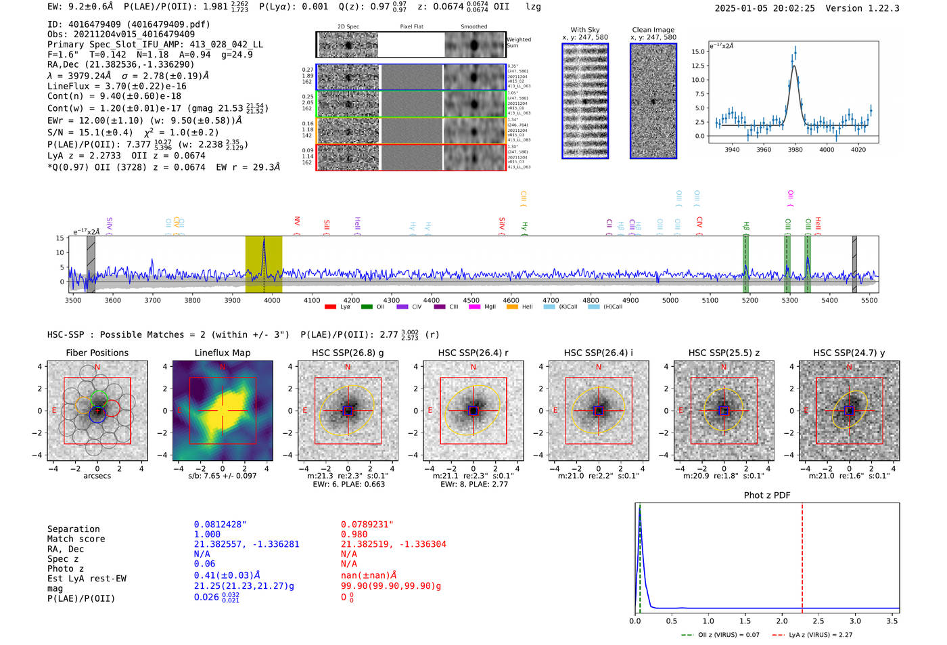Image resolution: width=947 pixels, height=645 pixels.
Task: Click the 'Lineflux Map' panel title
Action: tap(222, 353)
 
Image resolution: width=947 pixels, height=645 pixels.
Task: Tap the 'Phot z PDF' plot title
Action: tap(767, 495)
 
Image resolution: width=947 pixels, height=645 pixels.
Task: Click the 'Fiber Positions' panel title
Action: tap(97, 353)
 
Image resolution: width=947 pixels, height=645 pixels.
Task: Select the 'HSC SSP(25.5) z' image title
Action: tap(724, 353)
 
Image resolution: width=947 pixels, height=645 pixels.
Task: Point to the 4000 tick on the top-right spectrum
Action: tap(827, 150)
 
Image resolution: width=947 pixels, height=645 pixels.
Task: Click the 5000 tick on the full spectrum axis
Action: tap(670, 300)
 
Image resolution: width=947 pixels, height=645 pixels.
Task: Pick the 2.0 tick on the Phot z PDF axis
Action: tap(781, 621)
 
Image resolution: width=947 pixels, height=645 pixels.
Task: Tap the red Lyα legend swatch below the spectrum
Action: tap(330, 307)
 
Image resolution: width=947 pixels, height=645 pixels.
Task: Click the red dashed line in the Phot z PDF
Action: tap(802, 555)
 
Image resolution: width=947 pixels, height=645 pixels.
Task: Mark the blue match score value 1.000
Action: tap(207, 535)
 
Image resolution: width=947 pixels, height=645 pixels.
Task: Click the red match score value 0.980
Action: tap(354, 535)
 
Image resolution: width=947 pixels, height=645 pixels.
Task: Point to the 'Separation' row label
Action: tap(73, 529)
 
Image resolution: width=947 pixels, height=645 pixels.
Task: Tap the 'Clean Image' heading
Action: tap(653, 30)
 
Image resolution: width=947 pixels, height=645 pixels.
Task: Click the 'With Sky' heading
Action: tap(584, 30)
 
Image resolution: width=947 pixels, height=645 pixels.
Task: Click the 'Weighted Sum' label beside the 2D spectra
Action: tap(518, 43)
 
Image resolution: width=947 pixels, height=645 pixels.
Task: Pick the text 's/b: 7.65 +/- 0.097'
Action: tap(222, 476)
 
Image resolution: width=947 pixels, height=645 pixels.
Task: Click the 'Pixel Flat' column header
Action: tap(411, 27)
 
